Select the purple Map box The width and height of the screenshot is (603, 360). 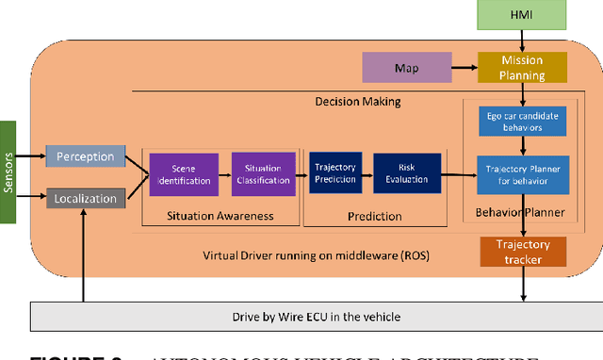pos(406,67)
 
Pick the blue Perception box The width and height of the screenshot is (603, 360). pos(86,156)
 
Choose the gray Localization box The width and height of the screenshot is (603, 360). pos(86,199)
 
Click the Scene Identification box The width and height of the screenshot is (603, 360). pos(184,173)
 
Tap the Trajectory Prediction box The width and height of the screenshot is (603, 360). pos(335,173)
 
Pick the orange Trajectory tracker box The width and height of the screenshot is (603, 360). pos(529,252)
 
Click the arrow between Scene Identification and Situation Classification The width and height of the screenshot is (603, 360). pos(225,174)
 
